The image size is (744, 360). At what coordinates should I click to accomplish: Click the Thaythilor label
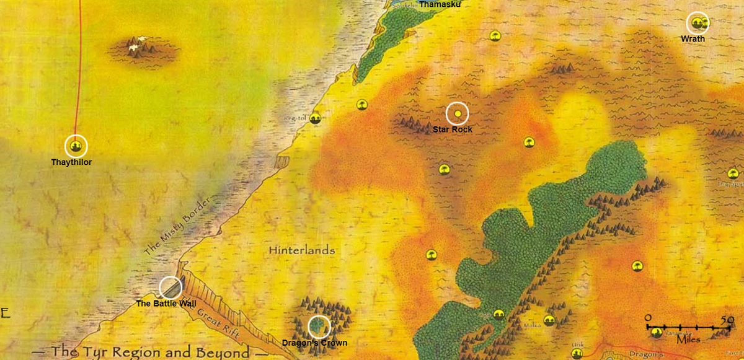tap(71, 162)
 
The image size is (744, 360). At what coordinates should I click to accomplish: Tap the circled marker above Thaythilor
tap(76, 146)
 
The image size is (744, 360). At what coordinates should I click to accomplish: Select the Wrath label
tap(693, 38)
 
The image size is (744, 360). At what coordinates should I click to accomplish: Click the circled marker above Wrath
tap(698, 24)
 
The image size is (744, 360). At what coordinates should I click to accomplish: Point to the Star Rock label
tap(453, 130)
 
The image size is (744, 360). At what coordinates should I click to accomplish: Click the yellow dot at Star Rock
tap(458, 113)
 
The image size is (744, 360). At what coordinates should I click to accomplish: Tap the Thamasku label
tap(441, 4)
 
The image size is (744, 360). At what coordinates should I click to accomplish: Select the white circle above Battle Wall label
tap(170, 288)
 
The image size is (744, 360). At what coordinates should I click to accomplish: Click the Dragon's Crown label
tap(314, 343)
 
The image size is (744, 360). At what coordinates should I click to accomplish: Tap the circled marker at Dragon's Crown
tap(319, 327)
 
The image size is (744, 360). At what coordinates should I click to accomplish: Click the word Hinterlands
tap(302, 250)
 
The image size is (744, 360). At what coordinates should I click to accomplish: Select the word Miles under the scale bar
tap(683, 340)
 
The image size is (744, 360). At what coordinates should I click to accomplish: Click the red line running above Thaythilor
tap(79, 74)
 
